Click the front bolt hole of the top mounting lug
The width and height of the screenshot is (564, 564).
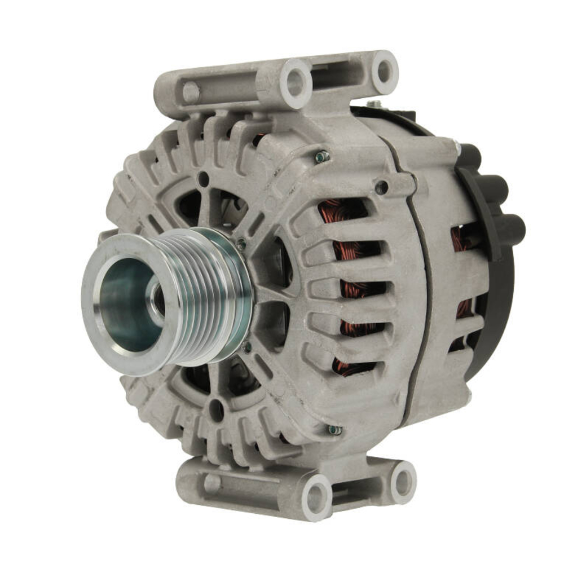[295, 83]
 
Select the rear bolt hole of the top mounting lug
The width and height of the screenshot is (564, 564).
[384, 72]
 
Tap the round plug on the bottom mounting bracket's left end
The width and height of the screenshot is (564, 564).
[212, 483]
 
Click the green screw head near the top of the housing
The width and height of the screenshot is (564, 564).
[323, 156]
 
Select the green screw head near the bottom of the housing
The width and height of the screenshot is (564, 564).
[334, 430]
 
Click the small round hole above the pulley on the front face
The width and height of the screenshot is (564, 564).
[204, 179]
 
